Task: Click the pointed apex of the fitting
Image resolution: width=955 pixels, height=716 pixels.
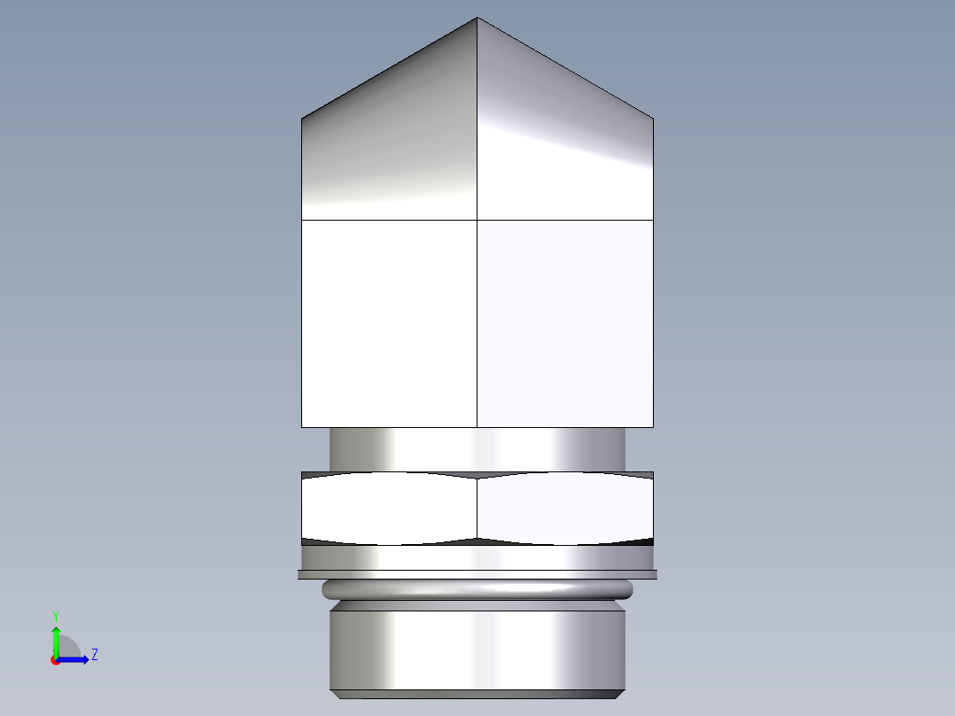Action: (x=477, y=19)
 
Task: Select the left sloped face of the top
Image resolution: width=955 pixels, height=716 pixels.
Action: (x=390, y=142)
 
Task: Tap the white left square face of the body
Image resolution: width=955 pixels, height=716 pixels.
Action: (x=390, y=323)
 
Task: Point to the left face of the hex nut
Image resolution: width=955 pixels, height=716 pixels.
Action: (x=390, y=509)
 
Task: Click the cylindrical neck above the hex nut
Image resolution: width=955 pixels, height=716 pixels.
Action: (x=477, y=449)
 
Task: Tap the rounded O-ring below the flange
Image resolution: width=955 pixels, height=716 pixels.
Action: (x=477, y=589)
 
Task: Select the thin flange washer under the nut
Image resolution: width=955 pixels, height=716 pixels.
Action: (x=477, y=574)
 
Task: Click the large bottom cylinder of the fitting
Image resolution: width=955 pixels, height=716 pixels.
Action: (x=477, y=647)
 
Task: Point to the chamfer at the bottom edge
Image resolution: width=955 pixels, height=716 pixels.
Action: (x=477, y=694)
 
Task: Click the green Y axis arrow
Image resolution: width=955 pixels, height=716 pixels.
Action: (x=56, y=640)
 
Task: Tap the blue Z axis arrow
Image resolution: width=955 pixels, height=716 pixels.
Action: (x=76, y=659)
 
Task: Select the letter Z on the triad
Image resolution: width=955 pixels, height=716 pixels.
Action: (x=94, y=655)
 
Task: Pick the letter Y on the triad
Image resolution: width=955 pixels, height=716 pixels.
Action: (x=55, y=616)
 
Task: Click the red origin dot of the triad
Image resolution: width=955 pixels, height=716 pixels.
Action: (x=55, y=660)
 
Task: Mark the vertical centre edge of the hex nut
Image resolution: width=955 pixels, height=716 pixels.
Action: (x=477, y=509)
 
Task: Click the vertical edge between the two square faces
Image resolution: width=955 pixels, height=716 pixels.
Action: (x=477, y=323)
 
